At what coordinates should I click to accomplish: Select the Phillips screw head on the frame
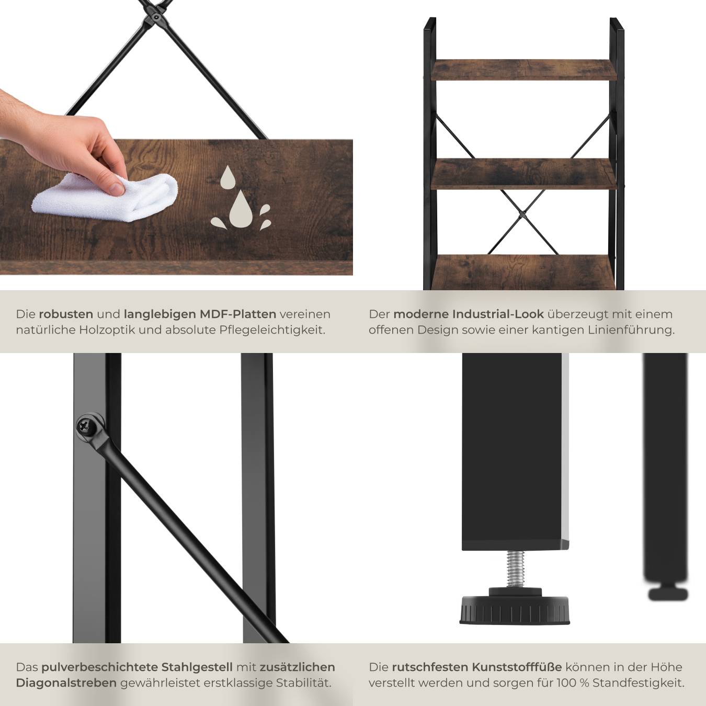click(85, 426)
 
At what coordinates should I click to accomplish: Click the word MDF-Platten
click(238, 314)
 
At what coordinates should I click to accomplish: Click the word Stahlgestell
click(197, 667)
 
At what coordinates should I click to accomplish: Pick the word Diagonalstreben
click(66, 683)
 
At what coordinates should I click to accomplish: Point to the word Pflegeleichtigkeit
click(272, 330)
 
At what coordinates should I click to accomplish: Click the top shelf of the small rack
click(523, 70)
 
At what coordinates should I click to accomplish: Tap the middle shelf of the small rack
click(523, 174)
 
